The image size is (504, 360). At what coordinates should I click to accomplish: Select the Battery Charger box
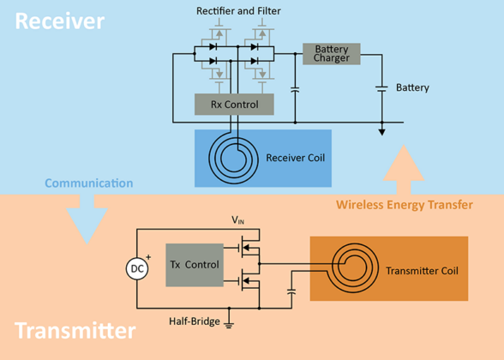tap(332, 54)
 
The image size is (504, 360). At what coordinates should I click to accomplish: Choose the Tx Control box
tap(195, 265)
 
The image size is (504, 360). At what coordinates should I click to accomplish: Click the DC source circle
tap(136, 268)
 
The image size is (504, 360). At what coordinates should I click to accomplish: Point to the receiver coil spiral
tap(231, 158)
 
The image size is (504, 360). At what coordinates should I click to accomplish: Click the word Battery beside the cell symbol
tap(412, 88)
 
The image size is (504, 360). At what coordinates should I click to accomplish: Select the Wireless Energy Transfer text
tap(404, 205)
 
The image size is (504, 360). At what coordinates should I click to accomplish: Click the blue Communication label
tap(88, 183)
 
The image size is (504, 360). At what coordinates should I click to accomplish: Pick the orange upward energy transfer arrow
tap(405, 170)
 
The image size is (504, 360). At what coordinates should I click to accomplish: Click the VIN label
tap(239, 220)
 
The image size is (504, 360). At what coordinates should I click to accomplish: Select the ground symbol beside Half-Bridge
tap(229, 324)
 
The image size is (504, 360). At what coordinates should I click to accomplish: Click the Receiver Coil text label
tap(295, 159)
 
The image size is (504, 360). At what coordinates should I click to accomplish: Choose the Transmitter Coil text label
tap(422, 271)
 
